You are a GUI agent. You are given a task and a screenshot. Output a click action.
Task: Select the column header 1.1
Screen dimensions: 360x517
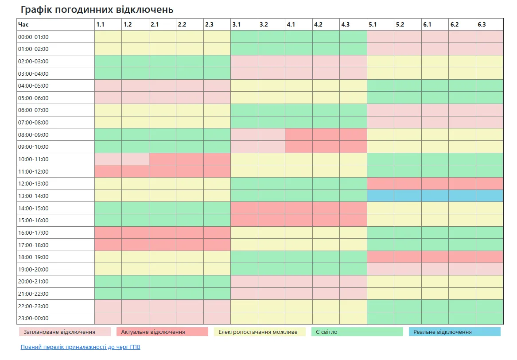[108, 24]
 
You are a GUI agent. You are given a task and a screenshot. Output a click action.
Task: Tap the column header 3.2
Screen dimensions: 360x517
[271, 24]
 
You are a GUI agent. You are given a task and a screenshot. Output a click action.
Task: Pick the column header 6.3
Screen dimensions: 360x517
[490, 24]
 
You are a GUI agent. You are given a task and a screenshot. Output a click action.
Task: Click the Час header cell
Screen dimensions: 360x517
[55, 24]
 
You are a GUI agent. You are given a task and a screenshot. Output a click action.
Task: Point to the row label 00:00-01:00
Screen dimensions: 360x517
[55, 37]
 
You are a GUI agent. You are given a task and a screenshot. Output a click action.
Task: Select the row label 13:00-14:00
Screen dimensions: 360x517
[55, 196]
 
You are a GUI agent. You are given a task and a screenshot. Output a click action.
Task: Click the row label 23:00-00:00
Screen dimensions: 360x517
[55, 318]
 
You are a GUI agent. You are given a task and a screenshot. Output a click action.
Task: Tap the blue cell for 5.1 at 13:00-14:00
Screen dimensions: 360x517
[380, 196]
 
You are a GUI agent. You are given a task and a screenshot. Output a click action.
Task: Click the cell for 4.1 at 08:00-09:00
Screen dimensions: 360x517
[299, 135]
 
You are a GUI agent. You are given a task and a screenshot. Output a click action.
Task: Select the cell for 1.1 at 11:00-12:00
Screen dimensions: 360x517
[108, 171]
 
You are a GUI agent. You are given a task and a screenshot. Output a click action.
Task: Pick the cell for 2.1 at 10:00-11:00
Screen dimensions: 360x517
[162, 159]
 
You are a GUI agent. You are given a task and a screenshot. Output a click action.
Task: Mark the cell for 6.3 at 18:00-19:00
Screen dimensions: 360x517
[490, 257]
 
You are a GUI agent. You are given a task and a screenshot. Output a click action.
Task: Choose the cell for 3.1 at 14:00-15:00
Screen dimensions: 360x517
[244, 208]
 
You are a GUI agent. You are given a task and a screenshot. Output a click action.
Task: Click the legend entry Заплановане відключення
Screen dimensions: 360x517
[65, 332]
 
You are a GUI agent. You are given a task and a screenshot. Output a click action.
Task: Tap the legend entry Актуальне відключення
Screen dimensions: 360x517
[162, 332]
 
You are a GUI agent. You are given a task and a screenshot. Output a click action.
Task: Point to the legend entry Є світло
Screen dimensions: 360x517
[357, 332]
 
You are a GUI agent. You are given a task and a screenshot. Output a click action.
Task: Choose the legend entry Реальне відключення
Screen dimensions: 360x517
[455, 332]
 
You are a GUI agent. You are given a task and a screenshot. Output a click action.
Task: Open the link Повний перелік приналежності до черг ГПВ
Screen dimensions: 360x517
[80, 347]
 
